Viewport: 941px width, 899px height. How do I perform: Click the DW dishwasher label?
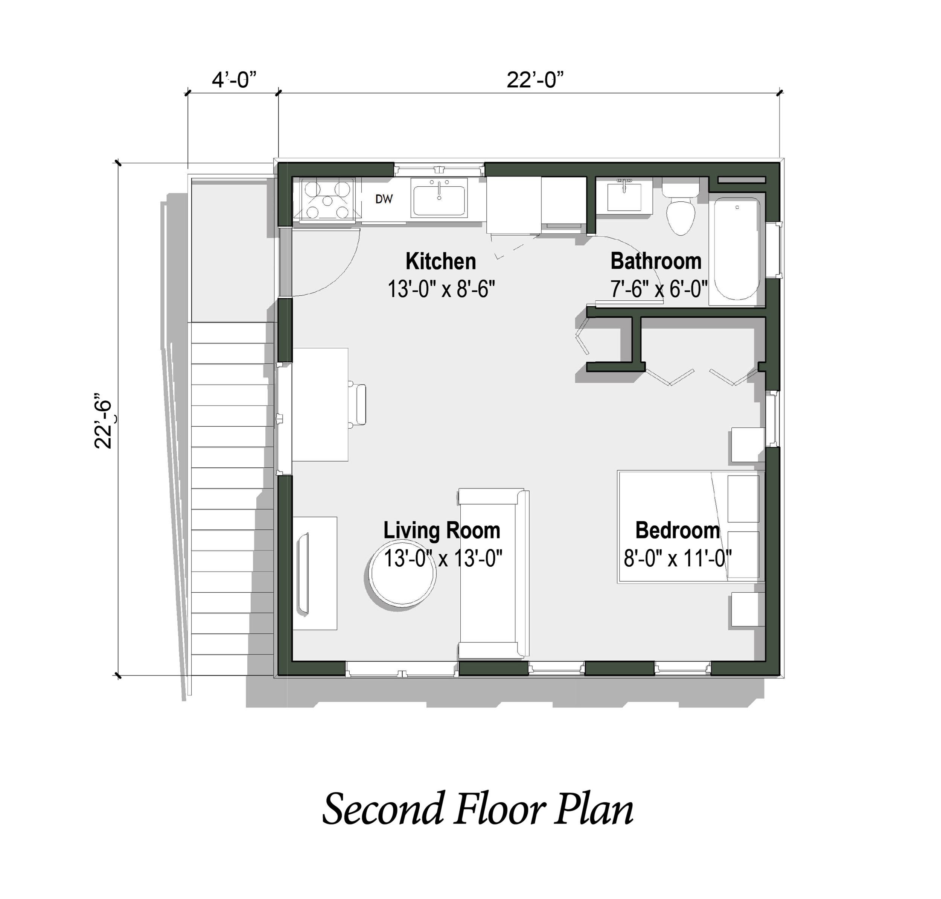tap(384, 199)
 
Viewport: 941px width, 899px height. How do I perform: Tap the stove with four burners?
tap(327, 200)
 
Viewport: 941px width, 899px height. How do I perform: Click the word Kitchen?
tap(440, 262)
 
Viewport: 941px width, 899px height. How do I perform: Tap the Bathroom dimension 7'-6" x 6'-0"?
tap(658, 289)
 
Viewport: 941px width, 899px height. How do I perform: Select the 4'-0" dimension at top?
tap(233, 79)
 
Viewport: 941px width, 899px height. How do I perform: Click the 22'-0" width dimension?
tap(534, 79)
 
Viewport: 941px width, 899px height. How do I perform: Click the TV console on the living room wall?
tap(314, 573)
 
